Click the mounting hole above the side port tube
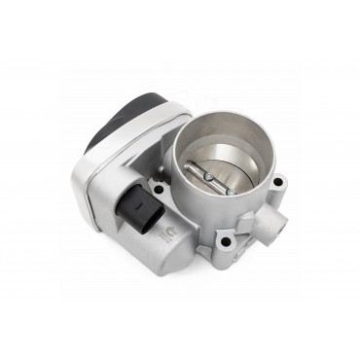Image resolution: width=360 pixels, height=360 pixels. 278,182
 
